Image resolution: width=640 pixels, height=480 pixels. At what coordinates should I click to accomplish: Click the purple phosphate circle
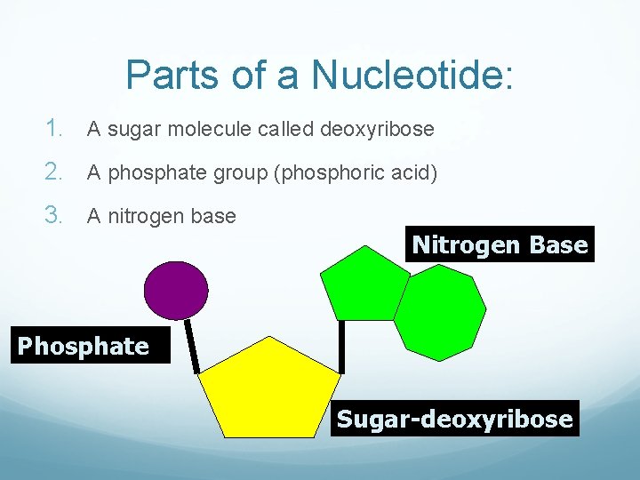(x=177, y=291)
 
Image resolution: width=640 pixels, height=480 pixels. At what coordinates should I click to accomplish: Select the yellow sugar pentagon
(x=269, y=392)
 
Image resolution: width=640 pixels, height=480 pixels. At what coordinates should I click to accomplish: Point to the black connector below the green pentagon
(x=340, y=346)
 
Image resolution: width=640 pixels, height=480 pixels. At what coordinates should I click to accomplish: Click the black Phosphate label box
(x=84, y=346)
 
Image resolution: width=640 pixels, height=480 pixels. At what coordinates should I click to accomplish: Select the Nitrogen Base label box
(x=500, y=244)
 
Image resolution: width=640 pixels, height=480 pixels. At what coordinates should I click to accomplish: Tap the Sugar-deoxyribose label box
(x=454, y=419)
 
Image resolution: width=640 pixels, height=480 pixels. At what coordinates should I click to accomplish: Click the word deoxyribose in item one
(x=377, y=130)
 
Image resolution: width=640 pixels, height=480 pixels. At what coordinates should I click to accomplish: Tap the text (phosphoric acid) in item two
(x=357, y=172)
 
